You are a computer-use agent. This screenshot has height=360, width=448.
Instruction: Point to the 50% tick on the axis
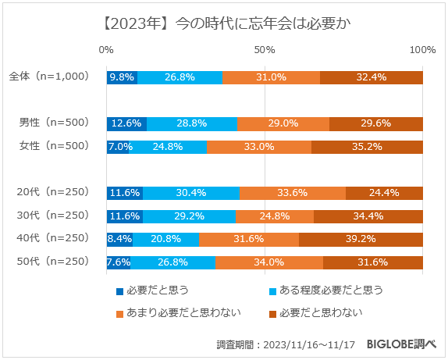point(265,50)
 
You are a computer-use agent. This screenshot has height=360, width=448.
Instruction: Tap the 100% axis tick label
point(422,50)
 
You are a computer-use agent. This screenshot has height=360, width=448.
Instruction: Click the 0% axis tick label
point(107,50)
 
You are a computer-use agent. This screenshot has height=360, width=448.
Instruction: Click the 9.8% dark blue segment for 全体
point(122,77)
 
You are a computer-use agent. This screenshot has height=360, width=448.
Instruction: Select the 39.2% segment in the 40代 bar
point(361,239)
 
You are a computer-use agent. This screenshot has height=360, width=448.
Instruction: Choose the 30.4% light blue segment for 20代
point(191,193)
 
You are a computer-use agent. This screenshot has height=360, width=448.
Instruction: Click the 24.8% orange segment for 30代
point(275,216)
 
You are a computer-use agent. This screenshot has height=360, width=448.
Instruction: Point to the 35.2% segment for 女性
point(367,147)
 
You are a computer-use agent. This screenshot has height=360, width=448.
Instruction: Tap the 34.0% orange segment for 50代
point(269,262)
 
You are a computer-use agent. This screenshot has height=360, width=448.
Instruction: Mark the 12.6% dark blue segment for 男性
point(126,123)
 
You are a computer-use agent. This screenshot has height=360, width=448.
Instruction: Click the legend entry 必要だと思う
point(153,290)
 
